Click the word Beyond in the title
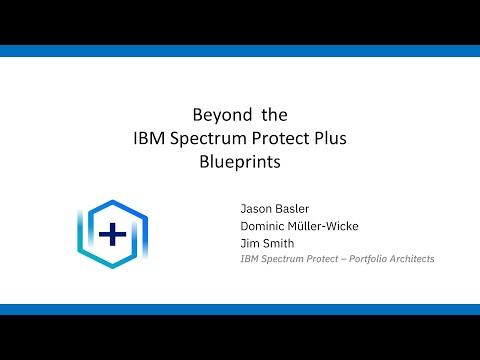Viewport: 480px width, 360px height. pos(217,114)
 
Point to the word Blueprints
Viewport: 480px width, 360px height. pos(240,160)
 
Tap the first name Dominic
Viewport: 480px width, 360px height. pos(263,226)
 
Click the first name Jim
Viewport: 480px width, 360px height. pos(249,243)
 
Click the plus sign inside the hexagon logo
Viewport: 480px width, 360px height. pos(113,236)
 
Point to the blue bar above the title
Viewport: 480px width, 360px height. pos(240,51)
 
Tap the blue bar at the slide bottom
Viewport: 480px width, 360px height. pos(240,309)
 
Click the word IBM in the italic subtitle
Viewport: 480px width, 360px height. pos(250,259)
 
